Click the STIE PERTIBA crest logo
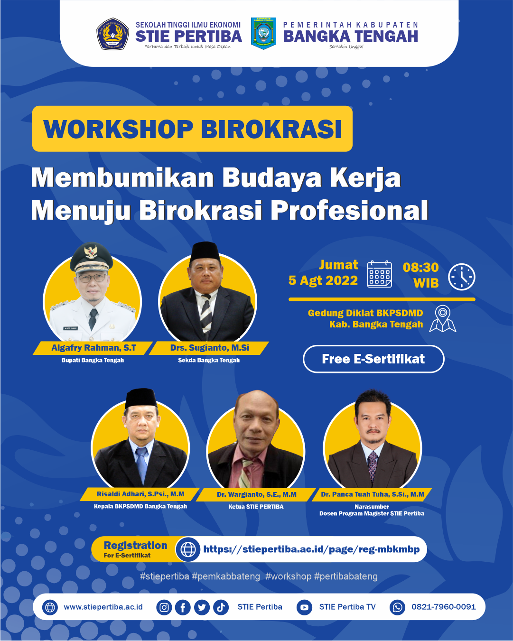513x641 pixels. click(x=113, y=34)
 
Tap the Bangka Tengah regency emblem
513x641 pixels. click(x=263, y=34)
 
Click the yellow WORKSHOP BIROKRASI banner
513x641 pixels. click(x=192, y=129)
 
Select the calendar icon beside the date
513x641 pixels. click(x=380, y=274)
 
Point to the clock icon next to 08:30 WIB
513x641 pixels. click(x=462, y=277)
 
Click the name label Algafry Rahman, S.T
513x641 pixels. click(x=93, y=348)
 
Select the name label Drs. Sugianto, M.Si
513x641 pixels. click(x=210, y=348)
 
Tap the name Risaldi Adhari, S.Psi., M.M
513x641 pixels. click(x=140, y=494)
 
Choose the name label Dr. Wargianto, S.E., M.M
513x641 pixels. click(x=256, y=494)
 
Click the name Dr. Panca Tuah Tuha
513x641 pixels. click(x=373, y=494)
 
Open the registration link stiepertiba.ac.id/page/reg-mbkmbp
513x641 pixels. click(x=311, y=549)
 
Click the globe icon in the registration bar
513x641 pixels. click(x=188, y=549)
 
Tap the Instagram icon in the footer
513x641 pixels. click(x=164, y=607)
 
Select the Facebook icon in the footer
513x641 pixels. click(x=183, y=607)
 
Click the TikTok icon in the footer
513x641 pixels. click(x=221, y=607)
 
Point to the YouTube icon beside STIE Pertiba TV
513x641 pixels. click(x=304, y=607)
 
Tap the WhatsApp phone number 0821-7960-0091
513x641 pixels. click(x=443, y=607)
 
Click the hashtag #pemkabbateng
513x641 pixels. click(x=226, y=576)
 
